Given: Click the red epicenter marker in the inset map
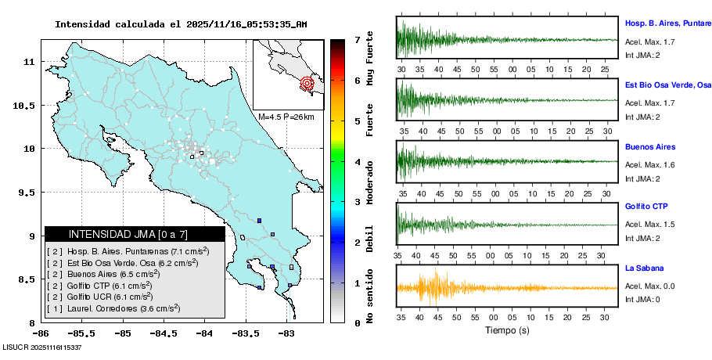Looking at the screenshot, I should (307, 82).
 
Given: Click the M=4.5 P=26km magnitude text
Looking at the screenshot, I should (286, 117).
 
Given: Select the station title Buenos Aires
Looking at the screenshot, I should (649, 147).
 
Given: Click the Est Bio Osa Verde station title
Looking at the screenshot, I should (667, 85).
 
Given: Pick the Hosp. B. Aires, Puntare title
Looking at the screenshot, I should (667, 23).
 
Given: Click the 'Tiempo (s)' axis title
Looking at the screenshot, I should (508, 330).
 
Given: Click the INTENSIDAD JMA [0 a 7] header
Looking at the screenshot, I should (135, 234).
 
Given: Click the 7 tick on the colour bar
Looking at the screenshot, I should (357, 39).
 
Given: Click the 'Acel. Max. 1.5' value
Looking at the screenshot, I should (649, 225).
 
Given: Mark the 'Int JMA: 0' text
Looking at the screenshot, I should (642, 300).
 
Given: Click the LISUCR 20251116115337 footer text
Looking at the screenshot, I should (43, 347).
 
